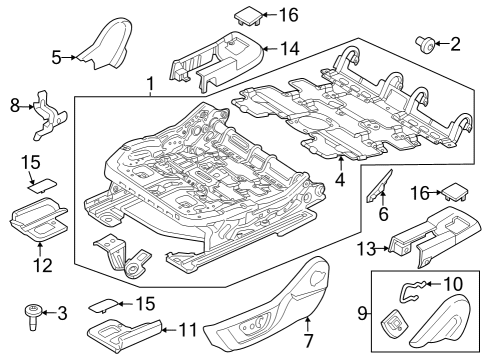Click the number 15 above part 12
pyautogui.click(x=30, y=160)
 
